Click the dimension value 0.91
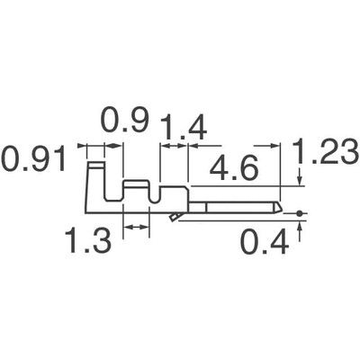pos(34,162)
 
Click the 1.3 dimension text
pos(87,240)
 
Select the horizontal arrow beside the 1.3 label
pos(136,229)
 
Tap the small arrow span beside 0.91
pos(94,145)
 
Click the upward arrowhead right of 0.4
pos(299,226)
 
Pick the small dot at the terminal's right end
pos(299,214)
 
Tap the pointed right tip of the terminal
pos(282,209)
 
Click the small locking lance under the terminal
pos(173,217)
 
